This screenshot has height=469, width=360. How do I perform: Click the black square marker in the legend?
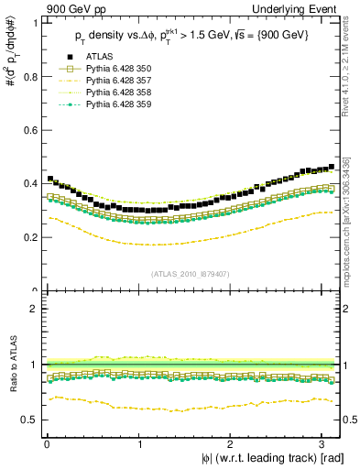[65, 56]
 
